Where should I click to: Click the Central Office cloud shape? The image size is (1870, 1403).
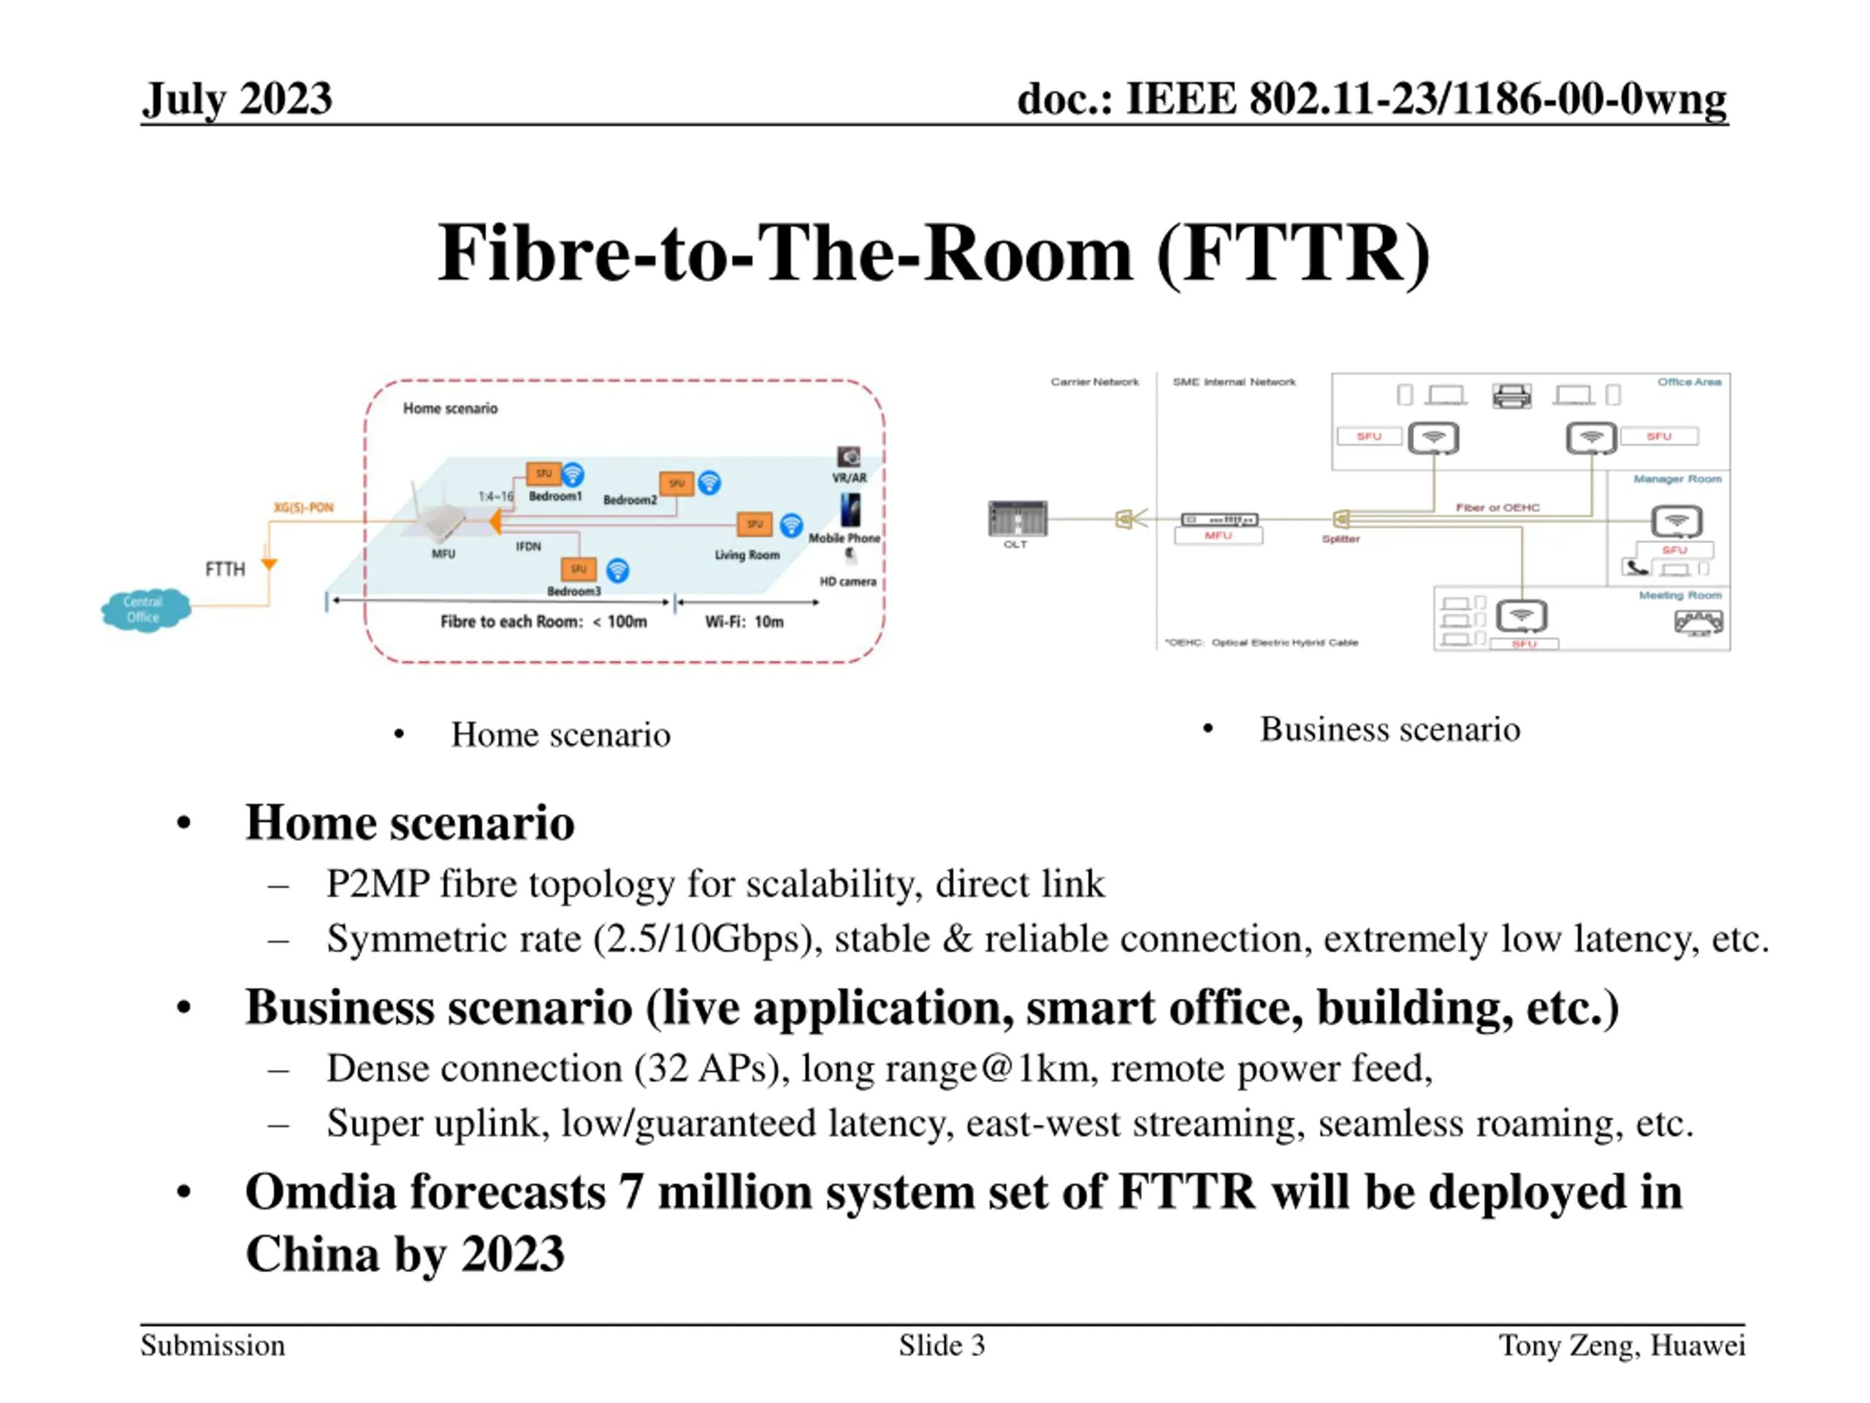tap(145, 609)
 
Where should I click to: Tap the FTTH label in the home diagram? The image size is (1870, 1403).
tap(225, 569)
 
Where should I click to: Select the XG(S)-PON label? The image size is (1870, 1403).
tap(303, 507)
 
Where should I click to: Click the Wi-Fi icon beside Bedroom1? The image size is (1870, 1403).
tap(573, 474)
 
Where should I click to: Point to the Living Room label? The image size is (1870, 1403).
tap(747, 555)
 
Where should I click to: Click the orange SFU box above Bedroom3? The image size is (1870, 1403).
tap(579, 569)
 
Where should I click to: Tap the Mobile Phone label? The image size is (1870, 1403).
tap(844, 538)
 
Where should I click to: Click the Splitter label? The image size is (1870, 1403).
tap(1341, 539)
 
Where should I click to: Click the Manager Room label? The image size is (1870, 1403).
tap(1677, 479)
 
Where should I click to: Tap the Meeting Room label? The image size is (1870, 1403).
tap(1680, 596)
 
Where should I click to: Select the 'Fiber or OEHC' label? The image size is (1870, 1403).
tap(1497, 507)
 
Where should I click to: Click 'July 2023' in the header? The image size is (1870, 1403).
tap(237, 99)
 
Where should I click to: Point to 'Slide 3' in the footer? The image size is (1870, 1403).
tap(942, 1345)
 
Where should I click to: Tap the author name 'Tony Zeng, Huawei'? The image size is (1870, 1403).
tap(1622, 1345)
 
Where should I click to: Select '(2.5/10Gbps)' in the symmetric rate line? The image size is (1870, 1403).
tap(708, 939)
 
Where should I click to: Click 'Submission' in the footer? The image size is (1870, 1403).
tap(213, 1345)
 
